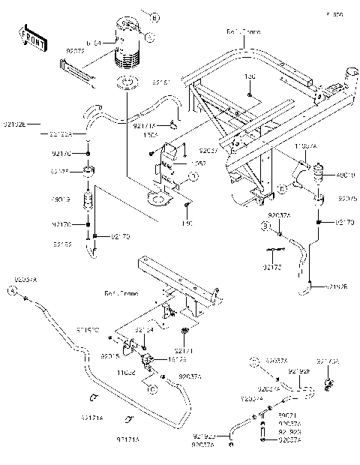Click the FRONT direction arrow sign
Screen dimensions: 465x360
29,36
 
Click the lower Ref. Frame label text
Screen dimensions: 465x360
118,293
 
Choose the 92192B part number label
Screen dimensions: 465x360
336,286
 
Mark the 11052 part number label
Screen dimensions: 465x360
125,371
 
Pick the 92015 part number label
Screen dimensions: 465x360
110,356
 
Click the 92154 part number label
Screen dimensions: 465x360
145,328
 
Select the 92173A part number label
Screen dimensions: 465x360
327,361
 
